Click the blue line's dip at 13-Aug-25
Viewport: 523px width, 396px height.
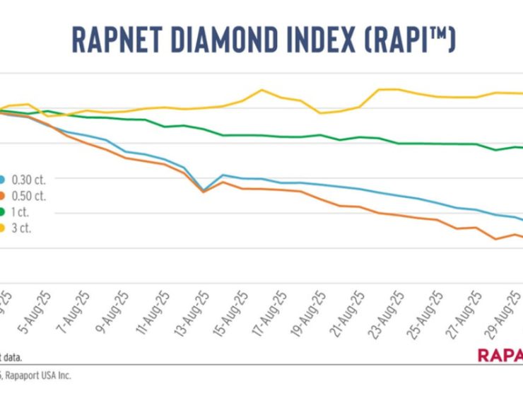point(204,190)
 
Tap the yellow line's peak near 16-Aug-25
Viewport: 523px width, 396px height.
point(261,90)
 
